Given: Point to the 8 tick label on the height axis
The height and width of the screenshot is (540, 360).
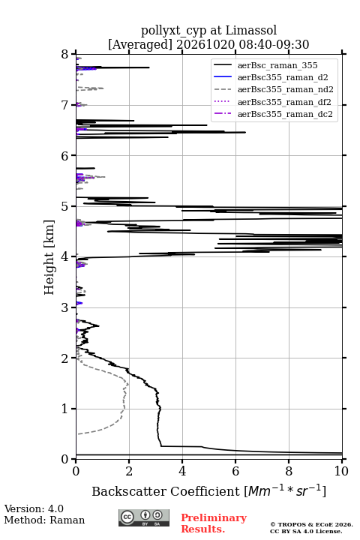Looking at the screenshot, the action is (65, 54).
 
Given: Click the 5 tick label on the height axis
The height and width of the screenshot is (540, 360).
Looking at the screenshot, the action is (65, 206).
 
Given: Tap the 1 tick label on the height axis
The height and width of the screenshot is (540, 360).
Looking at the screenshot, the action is (65, 409).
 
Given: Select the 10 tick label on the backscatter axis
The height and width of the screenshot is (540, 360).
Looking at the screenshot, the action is (341, 471).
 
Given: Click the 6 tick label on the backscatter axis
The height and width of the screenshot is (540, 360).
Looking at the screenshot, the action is (235, 471).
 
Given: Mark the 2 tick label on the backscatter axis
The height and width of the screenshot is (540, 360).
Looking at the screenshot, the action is (129, 471).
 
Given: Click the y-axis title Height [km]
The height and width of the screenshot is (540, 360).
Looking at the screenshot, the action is (49, 257).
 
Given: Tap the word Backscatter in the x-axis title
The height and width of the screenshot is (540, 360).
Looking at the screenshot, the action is (130, 491).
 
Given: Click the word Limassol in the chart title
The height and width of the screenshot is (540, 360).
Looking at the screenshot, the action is (251, 31).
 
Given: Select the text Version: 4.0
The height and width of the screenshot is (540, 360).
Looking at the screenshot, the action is (34, 508).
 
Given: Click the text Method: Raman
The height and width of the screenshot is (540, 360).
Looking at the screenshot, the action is (44, 520).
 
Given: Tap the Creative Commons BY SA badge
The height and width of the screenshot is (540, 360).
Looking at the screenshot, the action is (144, 517).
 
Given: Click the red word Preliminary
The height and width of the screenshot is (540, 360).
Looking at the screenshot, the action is (214, 518).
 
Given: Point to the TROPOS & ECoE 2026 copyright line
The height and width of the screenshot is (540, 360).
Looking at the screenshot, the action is (311, 524).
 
